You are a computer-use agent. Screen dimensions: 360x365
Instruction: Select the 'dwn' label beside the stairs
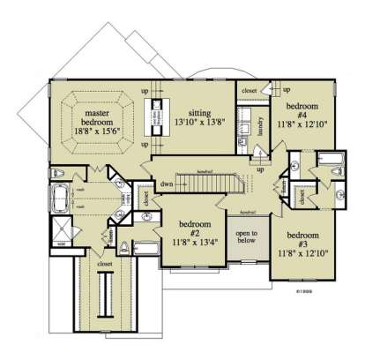(x=165, y=184)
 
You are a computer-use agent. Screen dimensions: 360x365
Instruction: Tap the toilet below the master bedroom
(x=59, y=172)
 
